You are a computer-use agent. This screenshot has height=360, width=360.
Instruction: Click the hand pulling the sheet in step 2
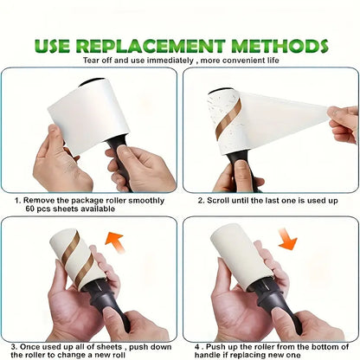pos(344,123)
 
